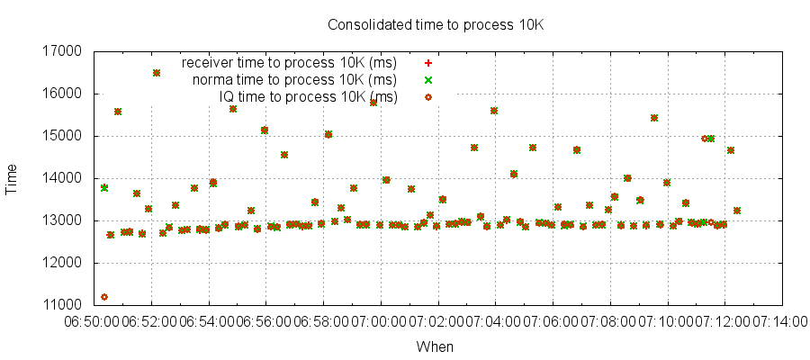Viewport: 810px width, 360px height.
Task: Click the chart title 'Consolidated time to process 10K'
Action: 436,25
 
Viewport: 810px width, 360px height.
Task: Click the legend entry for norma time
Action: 294,80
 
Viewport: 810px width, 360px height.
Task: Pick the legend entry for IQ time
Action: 308,96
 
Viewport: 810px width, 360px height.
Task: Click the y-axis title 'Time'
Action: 13,178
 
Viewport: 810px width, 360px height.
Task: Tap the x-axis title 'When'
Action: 436,346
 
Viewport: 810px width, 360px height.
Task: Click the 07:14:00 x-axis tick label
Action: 778,321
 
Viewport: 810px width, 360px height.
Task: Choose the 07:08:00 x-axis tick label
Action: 609,321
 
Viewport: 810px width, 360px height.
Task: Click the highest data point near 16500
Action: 157,73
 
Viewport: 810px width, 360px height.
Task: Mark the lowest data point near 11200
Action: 104,297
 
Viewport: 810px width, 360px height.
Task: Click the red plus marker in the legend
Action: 428,63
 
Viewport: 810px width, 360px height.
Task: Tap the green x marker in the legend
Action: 428,80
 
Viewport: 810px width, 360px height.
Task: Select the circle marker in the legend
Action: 428,96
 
